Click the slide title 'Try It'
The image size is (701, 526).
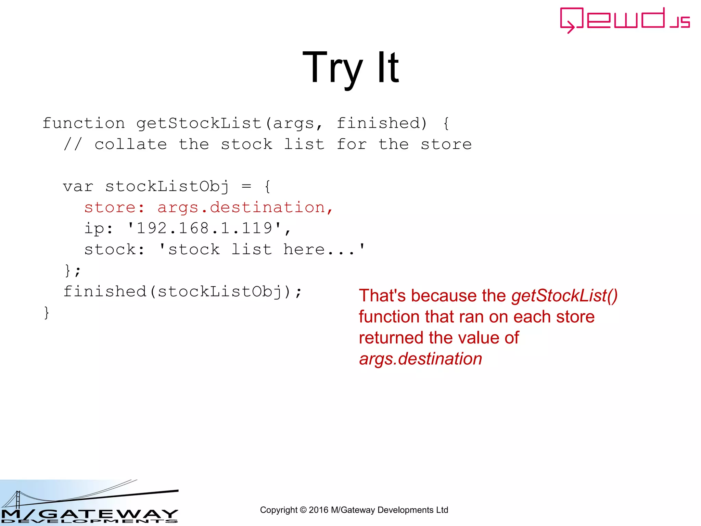click(350, 67)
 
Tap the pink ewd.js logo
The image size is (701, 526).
click(624, 20)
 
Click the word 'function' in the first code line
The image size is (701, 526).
click(84, 123)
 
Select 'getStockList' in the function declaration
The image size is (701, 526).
click(199, 123)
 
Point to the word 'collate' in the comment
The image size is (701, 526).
click(131, 145)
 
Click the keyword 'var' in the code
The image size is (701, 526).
click(78, 187)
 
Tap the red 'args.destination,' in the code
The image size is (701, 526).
click(245, 208)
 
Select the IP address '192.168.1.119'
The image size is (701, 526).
click(204, 228)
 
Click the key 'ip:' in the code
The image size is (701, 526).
click(99, 229)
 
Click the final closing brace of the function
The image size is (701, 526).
click(47, 313)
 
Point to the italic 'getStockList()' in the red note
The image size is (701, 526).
click(564, 296)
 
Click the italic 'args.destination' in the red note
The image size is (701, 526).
click(421, 359)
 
